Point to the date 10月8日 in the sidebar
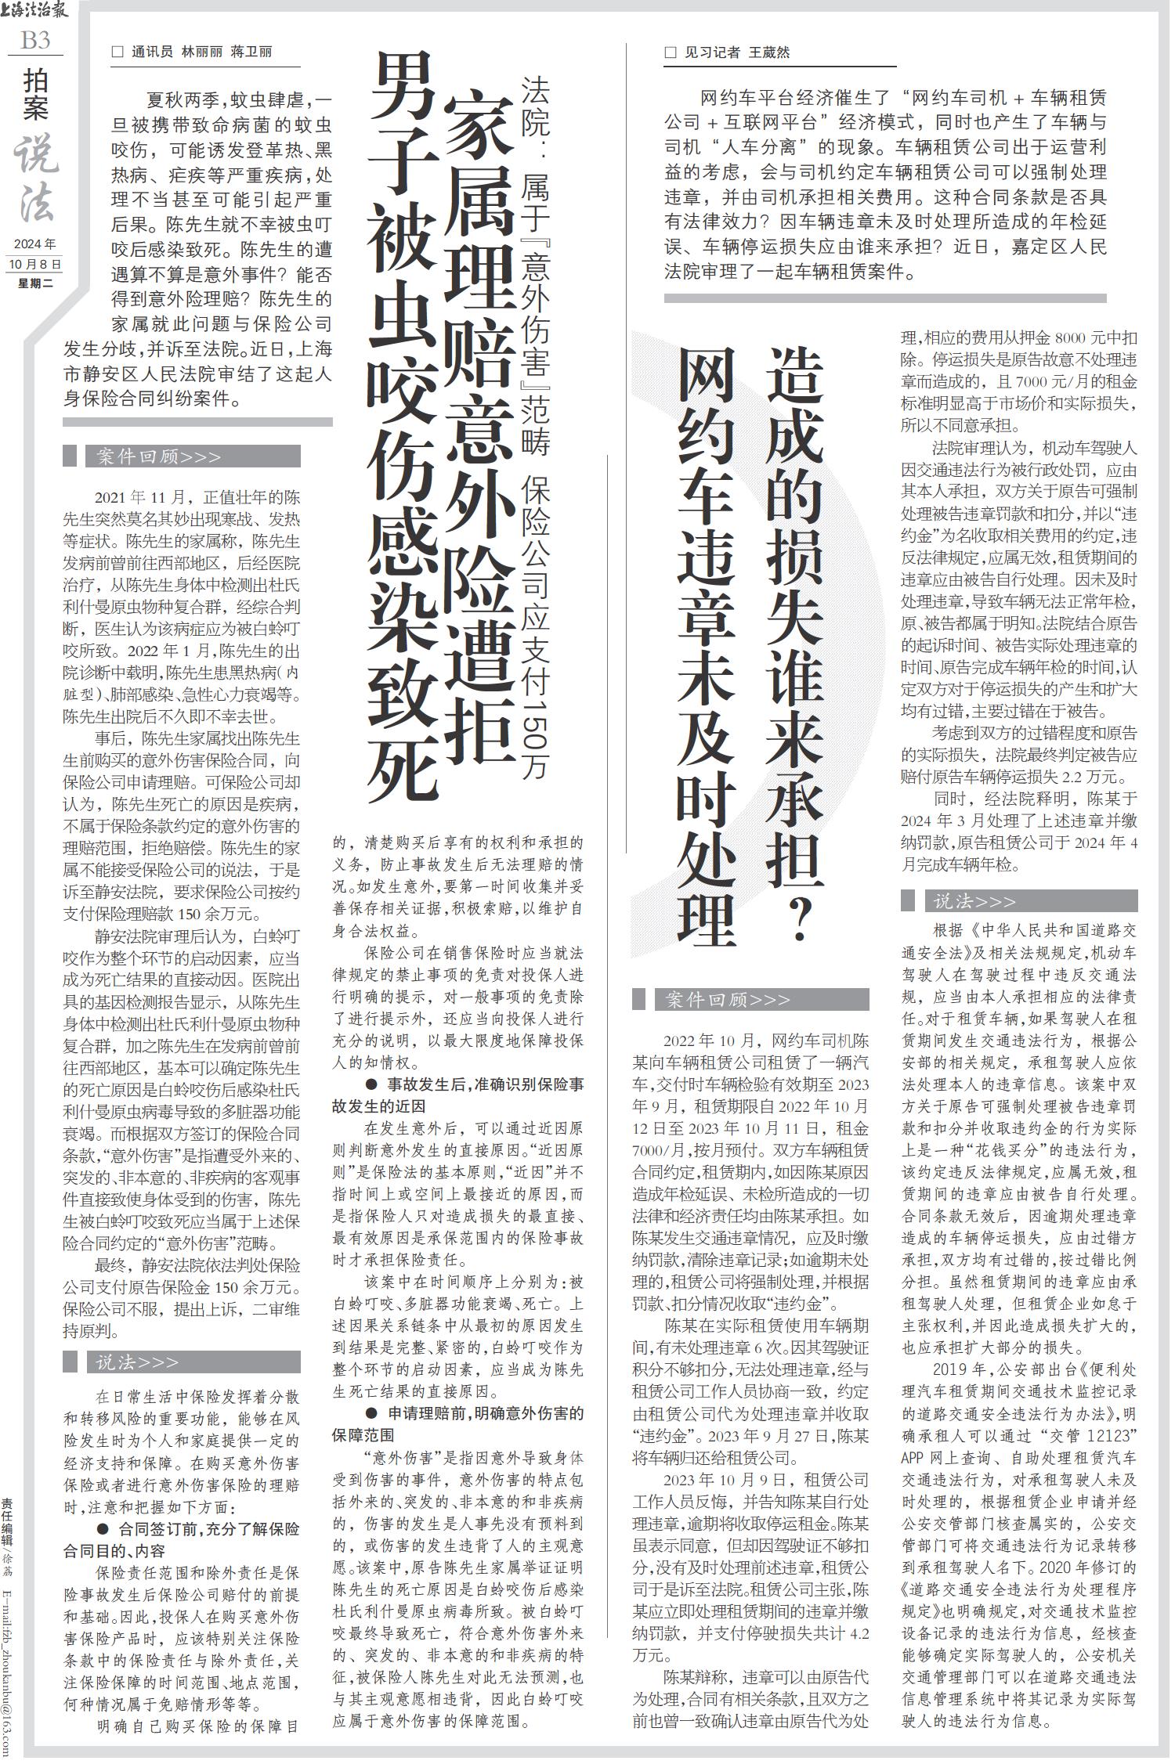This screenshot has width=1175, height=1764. (35, 265)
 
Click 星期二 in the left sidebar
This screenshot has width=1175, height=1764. (35, 283)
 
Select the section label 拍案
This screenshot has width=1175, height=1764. (35, 93)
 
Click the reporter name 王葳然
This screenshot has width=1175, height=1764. (770, 52)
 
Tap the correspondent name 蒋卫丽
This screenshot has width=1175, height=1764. (251, 52)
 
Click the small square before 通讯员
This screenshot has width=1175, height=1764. (118, 52)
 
